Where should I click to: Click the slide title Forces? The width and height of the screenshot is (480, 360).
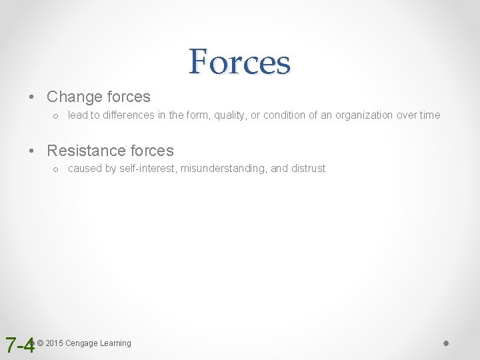tap(239, 61)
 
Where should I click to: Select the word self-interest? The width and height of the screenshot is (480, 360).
tap(148, 169)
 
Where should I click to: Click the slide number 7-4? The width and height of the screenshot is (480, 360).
tap(19, 345)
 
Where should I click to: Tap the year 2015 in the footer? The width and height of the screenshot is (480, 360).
tap(54, 343)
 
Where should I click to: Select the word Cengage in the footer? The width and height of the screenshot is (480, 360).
tap(81, 343)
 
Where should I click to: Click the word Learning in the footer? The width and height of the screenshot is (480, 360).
tap(115, 343)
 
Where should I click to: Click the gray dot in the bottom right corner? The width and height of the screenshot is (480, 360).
tap(447, 343)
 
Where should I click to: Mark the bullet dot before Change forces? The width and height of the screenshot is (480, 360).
tap(32, 97)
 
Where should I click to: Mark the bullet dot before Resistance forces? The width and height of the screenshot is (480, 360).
tap(32, 151)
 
